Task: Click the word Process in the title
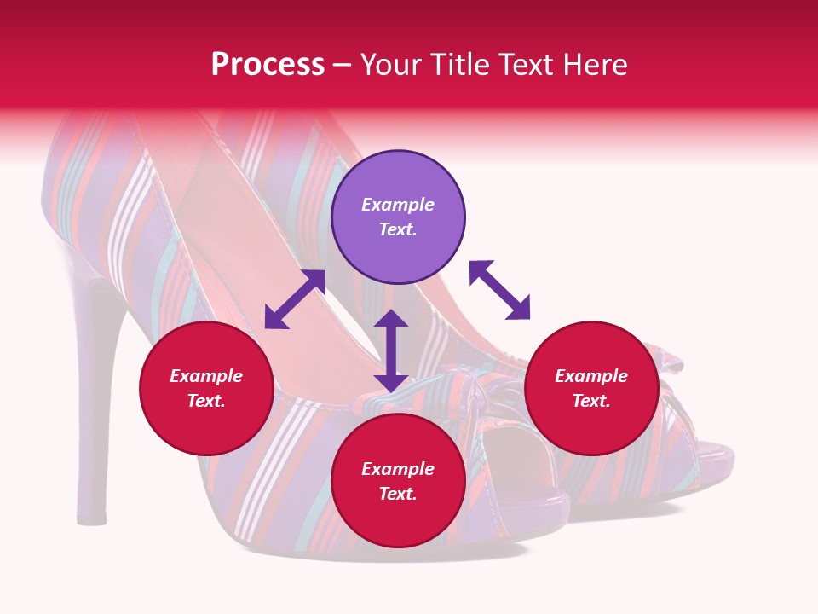[x=268, y=65]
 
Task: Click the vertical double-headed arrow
[x=391, y=350]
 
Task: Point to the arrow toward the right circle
[x=500, y=290]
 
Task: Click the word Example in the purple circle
[x=398, y=205]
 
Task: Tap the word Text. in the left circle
[x=206, y=401]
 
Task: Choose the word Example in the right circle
[x=591, y=376]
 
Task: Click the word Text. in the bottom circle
[x=398, y=494]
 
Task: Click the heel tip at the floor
[x=91, y=517]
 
